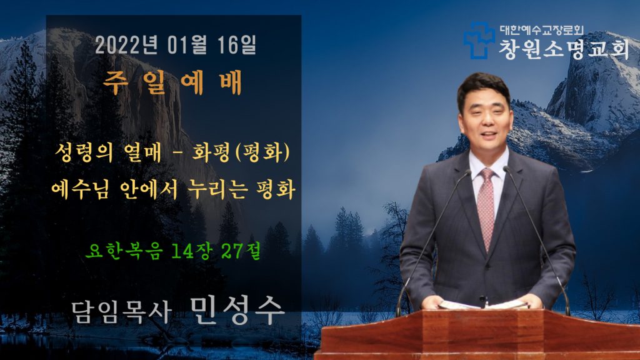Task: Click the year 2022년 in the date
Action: click(126, 45)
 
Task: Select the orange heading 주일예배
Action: click(172, 83)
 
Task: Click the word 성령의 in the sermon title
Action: click(84, 153)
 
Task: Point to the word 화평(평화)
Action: click(241, 153)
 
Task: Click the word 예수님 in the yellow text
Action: click(80, 190)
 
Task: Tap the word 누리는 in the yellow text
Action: click(217, 190)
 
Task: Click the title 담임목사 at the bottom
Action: click(121, 312)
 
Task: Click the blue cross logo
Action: click(479, 41)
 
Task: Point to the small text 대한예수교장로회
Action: click(542, 30)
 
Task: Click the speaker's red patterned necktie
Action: click(486, 207)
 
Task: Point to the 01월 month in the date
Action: click(187, 45)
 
